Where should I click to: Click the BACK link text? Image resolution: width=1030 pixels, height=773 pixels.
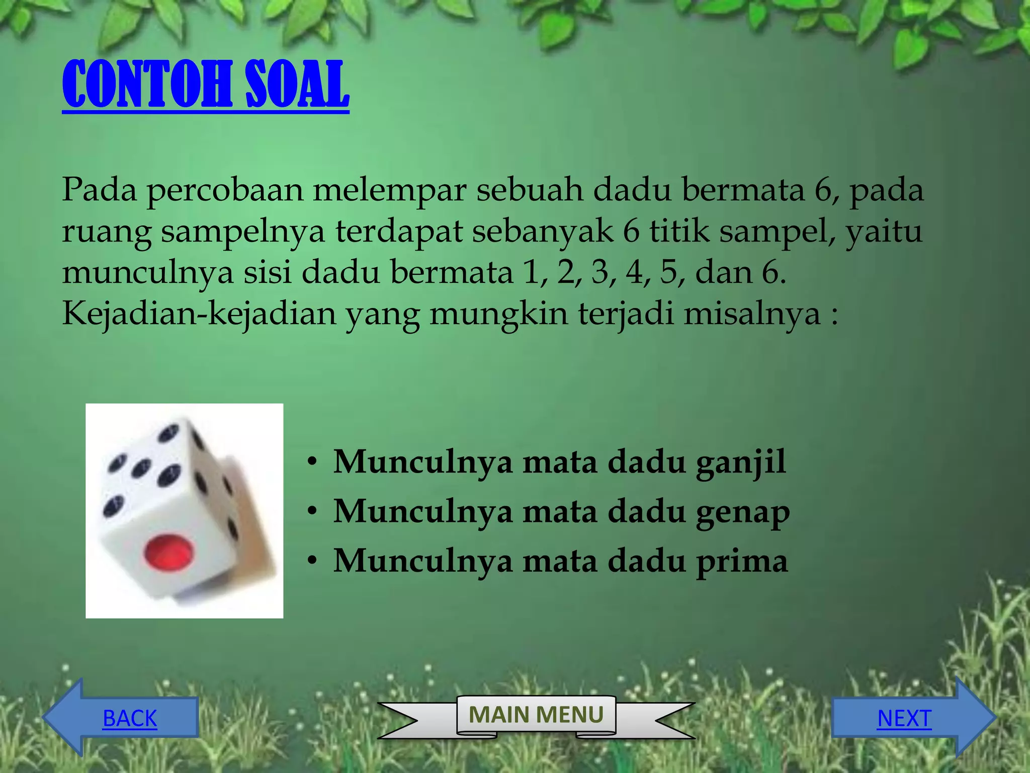click(130, 718)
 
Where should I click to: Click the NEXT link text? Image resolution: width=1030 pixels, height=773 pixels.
click(904, 718)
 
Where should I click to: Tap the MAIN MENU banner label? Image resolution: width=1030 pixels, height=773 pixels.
click(536, 715)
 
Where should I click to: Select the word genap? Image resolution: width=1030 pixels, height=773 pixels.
click(742, 512)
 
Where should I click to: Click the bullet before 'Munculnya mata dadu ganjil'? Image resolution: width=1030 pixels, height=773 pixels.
click(313, 462)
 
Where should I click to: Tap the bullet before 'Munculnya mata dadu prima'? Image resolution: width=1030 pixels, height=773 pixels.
click(313, 561)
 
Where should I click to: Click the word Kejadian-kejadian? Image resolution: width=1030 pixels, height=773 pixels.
click(199, 314)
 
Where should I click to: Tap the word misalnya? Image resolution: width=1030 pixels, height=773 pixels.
click(751, 314)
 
